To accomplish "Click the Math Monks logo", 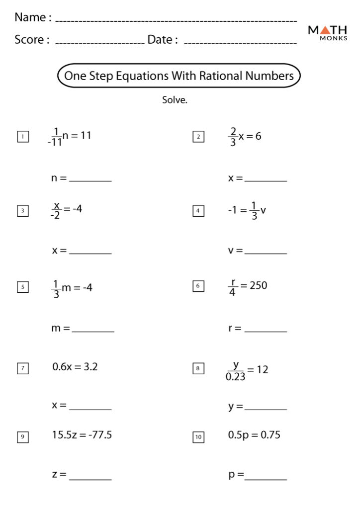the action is [328, 33].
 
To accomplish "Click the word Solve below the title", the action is [175, 100].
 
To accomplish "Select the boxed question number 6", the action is [198, 286].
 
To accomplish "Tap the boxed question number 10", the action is [198, 437].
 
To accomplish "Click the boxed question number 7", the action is [22, 368].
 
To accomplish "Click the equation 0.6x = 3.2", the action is [75, 367].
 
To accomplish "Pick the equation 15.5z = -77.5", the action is [82, 435].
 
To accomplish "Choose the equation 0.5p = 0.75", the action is [254, 435].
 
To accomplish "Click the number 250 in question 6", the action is [258, 285].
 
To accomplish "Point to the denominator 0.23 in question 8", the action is [235, 377].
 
